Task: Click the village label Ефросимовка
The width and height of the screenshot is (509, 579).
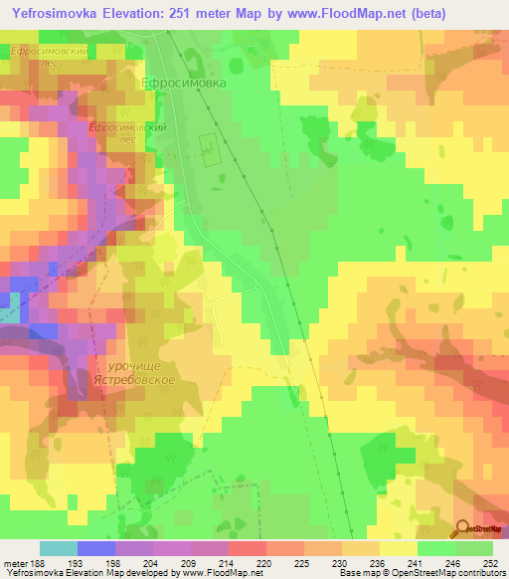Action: point(184,85)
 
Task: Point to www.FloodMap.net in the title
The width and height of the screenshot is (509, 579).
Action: point(332,14)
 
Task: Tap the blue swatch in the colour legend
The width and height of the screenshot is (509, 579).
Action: point(96,548)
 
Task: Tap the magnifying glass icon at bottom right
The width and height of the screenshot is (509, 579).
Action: point(462,529)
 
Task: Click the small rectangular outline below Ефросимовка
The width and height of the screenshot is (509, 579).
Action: point(209,150)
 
